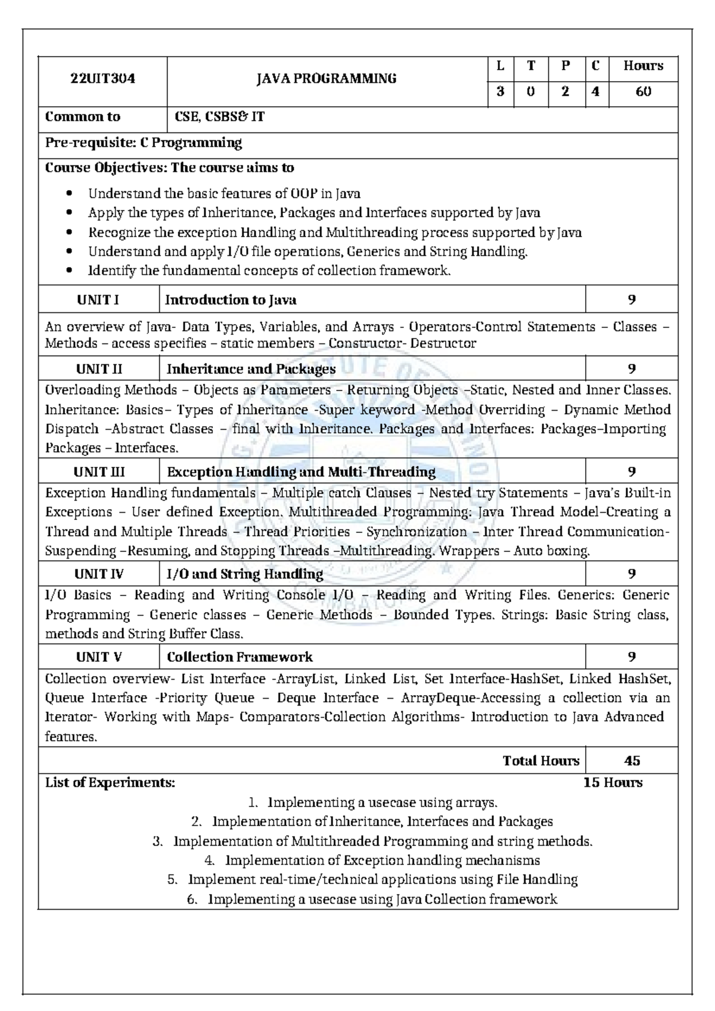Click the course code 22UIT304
point(102,79)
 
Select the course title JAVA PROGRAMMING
point(327,79)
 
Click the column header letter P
point(565,66)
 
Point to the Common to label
point(83,117)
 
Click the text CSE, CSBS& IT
point(219,117)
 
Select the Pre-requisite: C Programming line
point(144,143)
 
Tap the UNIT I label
point(98,300)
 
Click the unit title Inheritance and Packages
point(251,369)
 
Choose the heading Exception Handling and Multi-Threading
point(301,472)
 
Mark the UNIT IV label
point(99,574)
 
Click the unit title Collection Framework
point(240,657)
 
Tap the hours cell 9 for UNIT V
point(632,657)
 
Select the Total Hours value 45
point(632,761)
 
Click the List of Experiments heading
point(110,783)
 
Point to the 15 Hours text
point(613,783)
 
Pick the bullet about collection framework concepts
point(269,271)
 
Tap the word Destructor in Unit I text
point(443,344)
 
